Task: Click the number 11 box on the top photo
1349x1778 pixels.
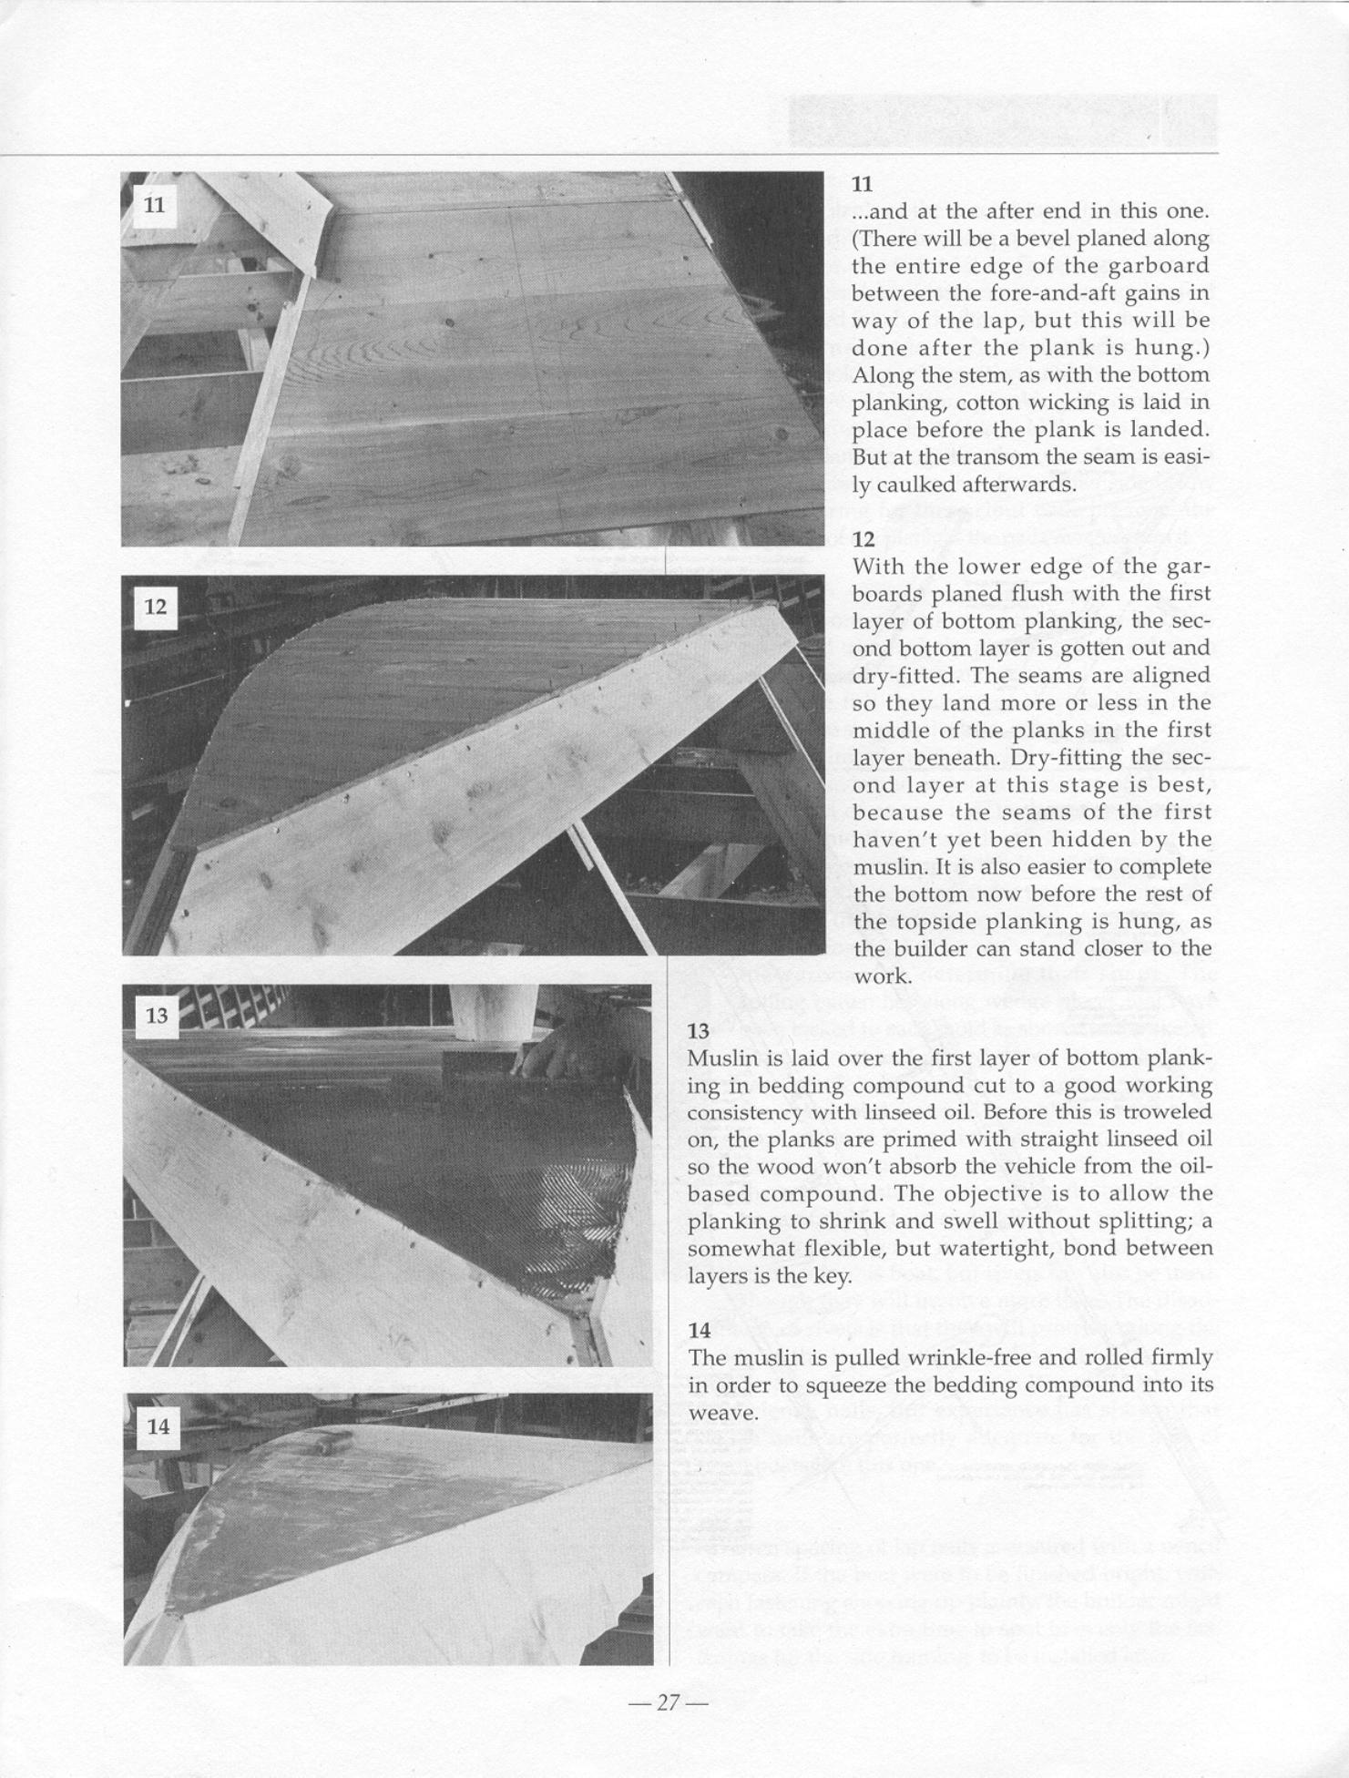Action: [155, 205]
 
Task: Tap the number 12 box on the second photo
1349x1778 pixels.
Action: [156, 607]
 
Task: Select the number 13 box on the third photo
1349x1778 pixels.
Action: [157, 1015]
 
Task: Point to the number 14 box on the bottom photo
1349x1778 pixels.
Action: [158, 1426]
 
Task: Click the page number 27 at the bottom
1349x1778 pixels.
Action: [669, 1702]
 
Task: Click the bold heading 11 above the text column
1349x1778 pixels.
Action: [862, 184]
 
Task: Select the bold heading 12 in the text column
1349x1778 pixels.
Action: [863, 539]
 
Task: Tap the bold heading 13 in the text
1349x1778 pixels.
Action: [699, 1031]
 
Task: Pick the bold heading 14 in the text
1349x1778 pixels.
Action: [699, 1330]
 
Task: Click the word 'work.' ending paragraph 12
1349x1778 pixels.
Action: [883, 977]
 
